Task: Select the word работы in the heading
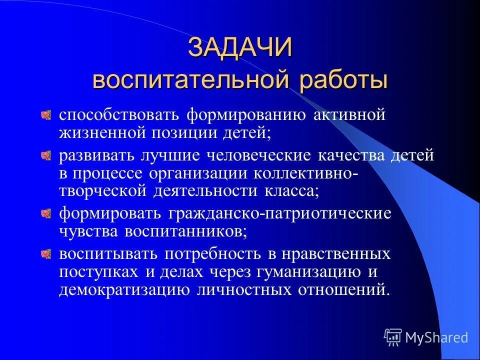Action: coord(341,80)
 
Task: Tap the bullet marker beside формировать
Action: coord(46,213)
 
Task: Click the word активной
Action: coord(350,115)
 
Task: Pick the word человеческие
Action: coord(259,156)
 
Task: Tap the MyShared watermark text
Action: coord(436,337)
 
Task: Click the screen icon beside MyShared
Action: coord(393,337)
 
